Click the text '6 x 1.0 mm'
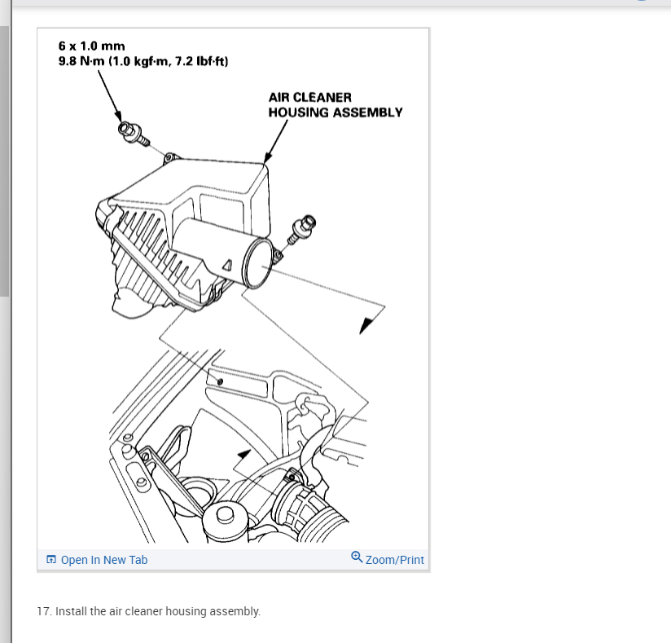click(x=91, y=46)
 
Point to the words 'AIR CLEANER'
click(x=309, y=97)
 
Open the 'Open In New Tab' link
click(x=104, y=560)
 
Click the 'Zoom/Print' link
click(x=395, y=560)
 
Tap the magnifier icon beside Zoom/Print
click(x=357, y=557)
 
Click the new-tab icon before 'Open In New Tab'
click(x=51, y=560)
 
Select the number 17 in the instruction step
click(x=44, y=610)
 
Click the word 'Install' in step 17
click(x=68, y=610)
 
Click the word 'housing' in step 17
click(x=187, y=610)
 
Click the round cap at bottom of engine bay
click(x=223, y=515)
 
